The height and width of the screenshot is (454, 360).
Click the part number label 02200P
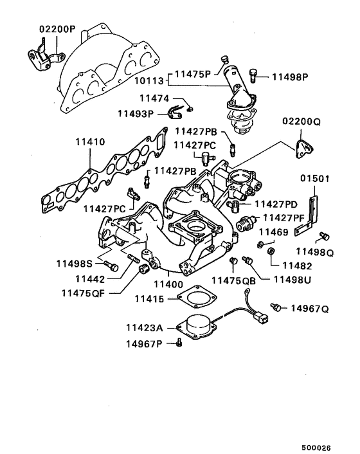pos(57,30)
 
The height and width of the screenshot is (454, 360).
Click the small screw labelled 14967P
pos(179,343)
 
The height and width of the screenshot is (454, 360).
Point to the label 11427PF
pos(283,218)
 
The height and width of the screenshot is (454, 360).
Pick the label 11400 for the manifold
pos(168,284)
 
